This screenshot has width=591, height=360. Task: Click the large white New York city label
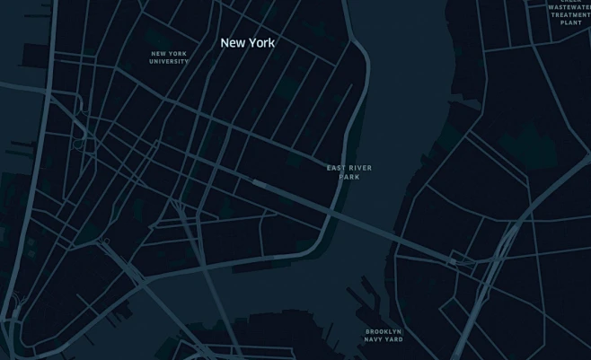pos(248,42)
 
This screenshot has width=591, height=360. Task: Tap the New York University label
pos(169,57)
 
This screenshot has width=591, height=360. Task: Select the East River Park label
pos(349,172)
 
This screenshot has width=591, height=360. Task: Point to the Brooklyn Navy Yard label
pos(384,335)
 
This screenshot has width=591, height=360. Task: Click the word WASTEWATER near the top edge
pos(570,7)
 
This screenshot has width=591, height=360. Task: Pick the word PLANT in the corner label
pos(571,22)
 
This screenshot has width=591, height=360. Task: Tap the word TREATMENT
pos(571,15)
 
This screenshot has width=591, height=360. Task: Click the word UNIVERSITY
pos(169,62)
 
